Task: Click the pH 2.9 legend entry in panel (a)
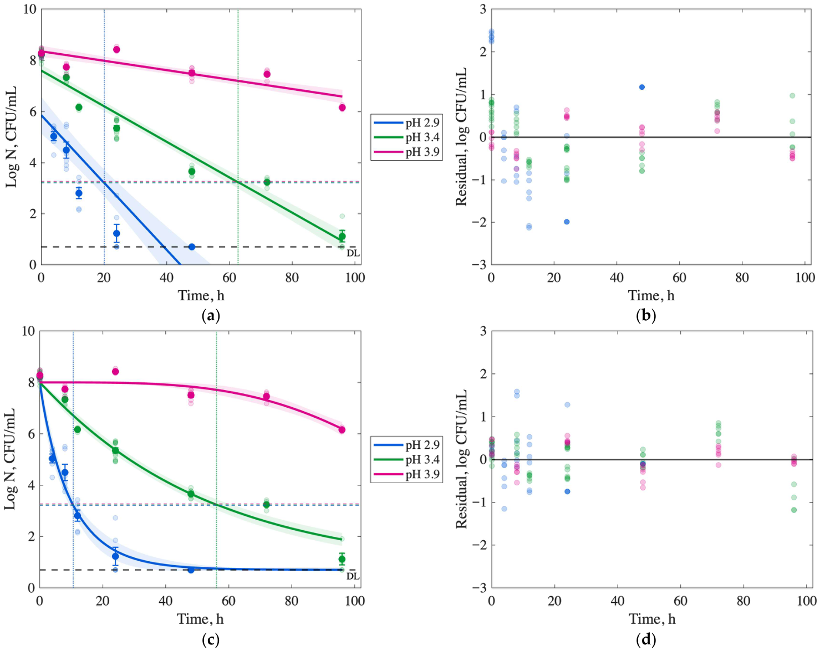pyautogui.click(x=406, y=122)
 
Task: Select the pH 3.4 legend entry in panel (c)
pyautogui.click(x=406, y=460)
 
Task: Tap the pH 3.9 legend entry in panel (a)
pyautogui.click(x=406, y=152)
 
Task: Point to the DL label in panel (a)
pyautogui.click(x=353, y=253)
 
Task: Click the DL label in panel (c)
pyautogui.click(x=353, y=576)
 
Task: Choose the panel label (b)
pyautogui.click(x=646, y=316)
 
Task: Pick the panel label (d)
pyautogui.click(x=646, y=639)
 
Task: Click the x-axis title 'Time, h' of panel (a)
pyautogui.click(x=201, y=295)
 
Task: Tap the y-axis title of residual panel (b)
pyautogui.click(x=461, y=137)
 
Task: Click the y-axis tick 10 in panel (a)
pyautogui.click(x=30, y=9)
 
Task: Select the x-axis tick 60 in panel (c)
pyautogui.click(x=228, y=601)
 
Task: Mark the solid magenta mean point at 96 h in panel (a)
pyautogui.click(x=342, y=108)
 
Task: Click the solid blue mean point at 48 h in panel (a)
pyautogui.click(x=192, y=247)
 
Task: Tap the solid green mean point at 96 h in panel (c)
pyautogui.click(x=342, y=559)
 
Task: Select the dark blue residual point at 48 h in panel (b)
pyautogui.click(x=641, y=87)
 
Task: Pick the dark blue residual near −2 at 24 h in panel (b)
pyautogui.click(x=567, y=222)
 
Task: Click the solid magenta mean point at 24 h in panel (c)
pyautogui.click(x=115, y=371)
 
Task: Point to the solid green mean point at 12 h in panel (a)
pyautogui.click(x=79, y=107)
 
